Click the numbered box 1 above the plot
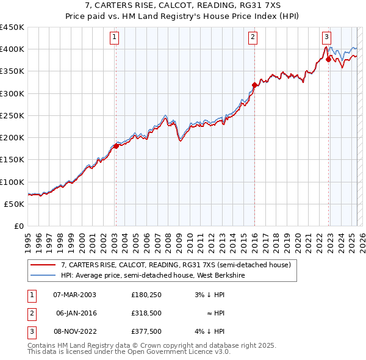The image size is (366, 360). (x=115, y=37)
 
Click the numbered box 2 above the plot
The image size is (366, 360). (x=253, y=37)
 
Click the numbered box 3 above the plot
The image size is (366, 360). (x=327, y=37)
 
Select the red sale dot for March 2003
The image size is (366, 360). (x=116, y=146)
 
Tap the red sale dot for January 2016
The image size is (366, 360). (x=254, y=85)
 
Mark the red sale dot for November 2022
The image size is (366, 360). (x=328, y=59)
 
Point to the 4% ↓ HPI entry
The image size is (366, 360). (x=210, y=331)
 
